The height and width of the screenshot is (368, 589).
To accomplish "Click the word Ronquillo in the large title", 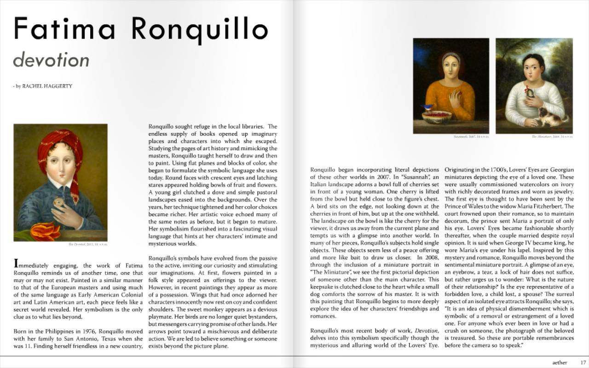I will coord(199,29).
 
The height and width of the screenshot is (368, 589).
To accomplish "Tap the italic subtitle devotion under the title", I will coord(51,60).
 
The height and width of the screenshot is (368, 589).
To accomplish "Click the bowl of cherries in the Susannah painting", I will coord(437,117).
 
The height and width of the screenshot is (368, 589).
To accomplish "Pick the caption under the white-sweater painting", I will coord(552,137).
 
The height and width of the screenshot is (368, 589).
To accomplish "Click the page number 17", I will coord(583,362).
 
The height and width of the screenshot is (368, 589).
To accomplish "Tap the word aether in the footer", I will coord(560,362).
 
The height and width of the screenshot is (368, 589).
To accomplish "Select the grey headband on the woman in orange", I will coord(451,58).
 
